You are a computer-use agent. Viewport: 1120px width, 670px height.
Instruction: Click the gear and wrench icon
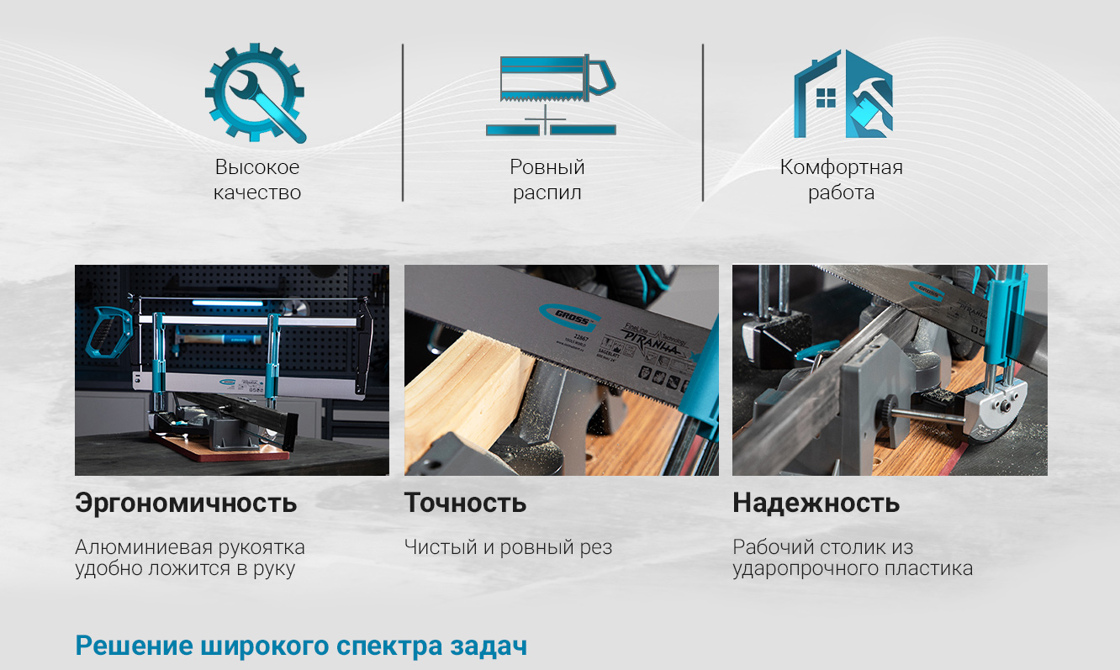255,93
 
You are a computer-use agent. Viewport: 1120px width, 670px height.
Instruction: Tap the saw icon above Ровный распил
551,95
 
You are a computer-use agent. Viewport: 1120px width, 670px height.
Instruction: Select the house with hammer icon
843,93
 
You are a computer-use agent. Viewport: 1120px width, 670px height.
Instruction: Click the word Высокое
257,167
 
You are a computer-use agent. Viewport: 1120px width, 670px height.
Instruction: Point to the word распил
547,193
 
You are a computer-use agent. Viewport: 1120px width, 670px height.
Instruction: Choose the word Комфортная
841,167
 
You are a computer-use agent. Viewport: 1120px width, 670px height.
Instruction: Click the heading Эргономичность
186,503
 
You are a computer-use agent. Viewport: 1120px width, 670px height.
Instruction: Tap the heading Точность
465,503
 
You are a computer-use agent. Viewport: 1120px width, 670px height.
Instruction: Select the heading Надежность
816,503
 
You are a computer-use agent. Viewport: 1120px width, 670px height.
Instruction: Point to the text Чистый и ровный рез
508,547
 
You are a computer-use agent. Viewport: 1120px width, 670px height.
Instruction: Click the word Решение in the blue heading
134,646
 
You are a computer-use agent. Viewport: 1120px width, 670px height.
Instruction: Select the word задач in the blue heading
489,646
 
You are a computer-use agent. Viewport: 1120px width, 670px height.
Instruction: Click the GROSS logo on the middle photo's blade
570,318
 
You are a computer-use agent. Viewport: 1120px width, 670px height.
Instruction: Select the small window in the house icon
826,98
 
